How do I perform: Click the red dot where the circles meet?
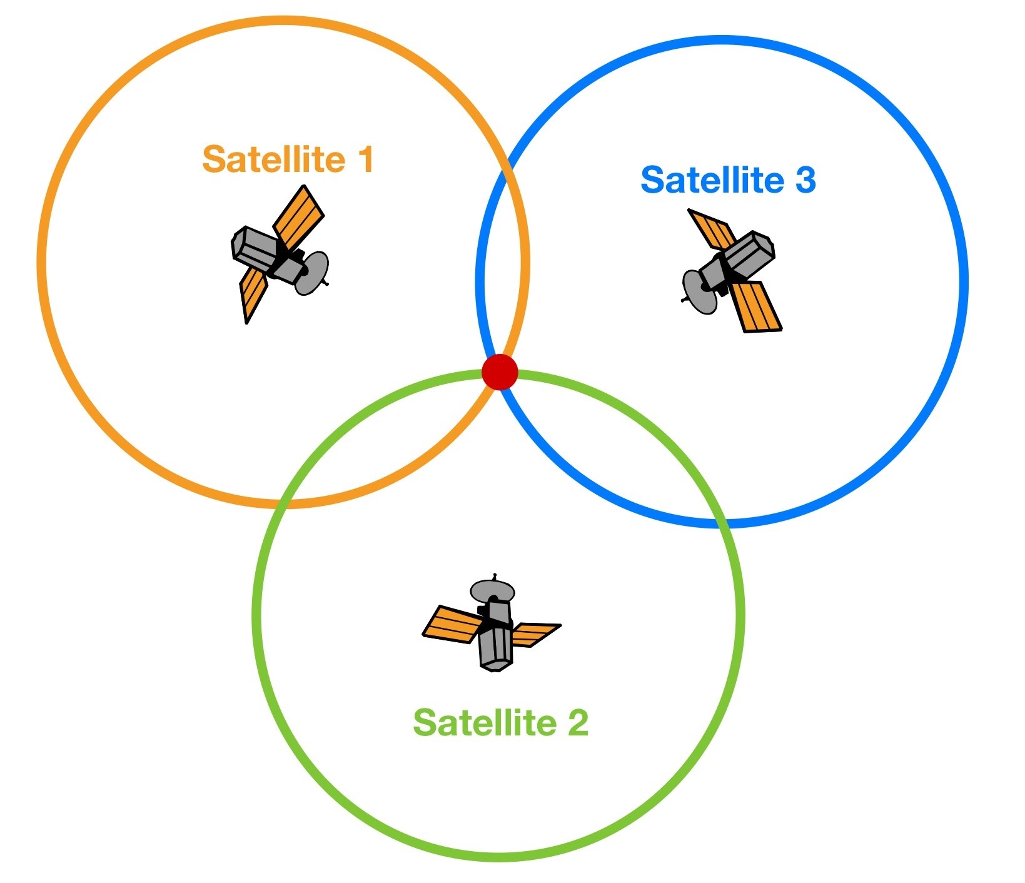tap(500, 371)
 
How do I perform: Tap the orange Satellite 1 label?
tap(288, 159)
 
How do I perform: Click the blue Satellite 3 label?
tap(729, 179)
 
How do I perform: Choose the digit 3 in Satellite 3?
tap(805, 179)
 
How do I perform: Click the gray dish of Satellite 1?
tap(311, 273)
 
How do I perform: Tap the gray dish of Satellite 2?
tap(493, 590)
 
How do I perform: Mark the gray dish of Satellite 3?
tap(700, 292)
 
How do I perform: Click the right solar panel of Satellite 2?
tap(535, 634)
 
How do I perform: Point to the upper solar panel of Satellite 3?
tap(712, 230)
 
